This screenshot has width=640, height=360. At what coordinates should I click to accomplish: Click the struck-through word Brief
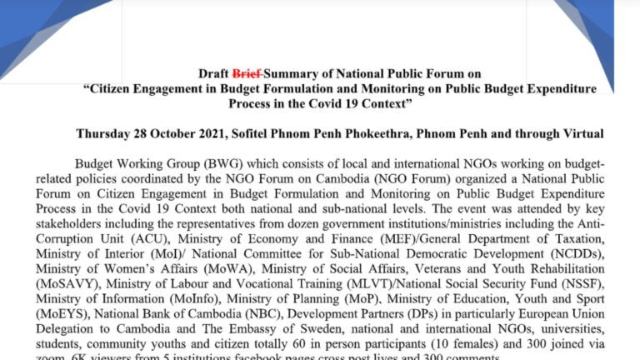[247, 74]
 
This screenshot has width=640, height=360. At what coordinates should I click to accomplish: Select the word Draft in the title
[213, 74]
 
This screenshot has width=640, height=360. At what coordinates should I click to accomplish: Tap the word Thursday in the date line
[104, 133]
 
